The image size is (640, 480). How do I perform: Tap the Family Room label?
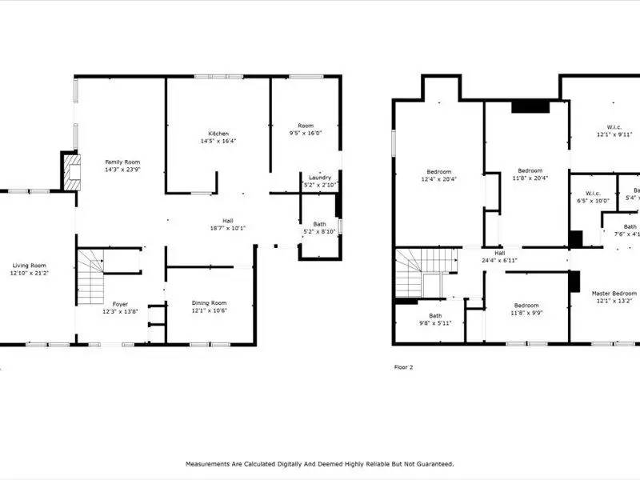click(122, 162)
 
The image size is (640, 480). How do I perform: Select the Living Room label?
click(28, 266)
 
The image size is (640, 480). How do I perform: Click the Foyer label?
click(120, 304)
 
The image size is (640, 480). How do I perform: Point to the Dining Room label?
click(210, 302)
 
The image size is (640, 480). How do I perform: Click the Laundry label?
click(320, 178)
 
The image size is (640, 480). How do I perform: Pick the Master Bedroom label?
click(614, 294)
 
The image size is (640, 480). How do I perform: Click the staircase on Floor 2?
click(417, 272)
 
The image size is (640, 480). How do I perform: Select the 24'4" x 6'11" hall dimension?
click(500, 261)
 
